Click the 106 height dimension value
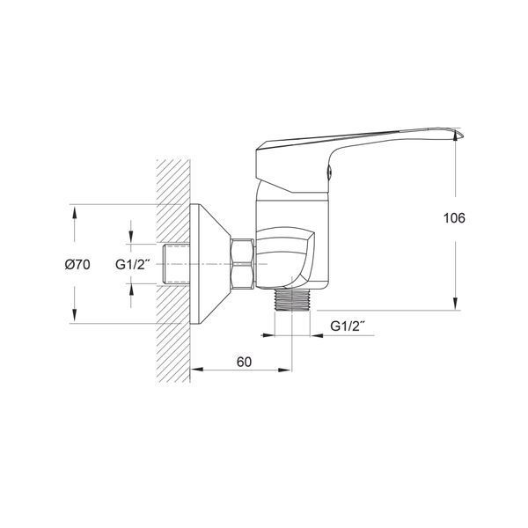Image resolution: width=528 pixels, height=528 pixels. tap(454, 218)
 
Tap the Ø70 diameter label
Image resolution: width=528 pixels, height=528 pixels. tap(77, 265)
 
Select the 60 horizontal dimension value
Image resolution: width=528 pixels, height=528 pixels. tap(244, 362)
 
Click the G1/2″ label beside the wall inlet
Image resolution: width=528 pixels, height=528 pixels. tap(132, 264)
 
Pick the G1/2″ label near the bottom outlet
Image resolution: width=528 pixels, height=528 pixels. tap(348, 326)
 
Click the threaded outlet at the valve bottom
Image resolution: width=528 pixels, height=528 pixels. tap(291, 300)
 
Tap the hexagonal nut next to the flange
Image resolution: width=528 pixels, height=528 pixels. tap(242, 264)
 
